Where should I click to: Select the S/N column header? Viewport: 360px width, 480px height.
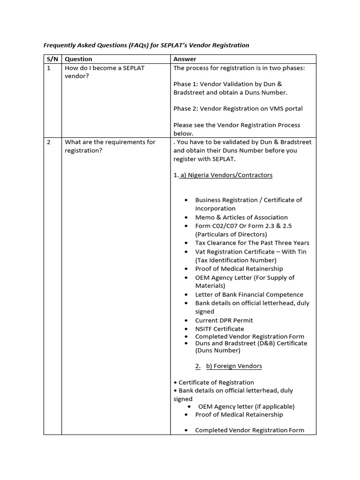tap(52, 59)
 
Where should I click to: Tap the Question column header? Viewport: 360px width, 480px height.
tap(78, 59)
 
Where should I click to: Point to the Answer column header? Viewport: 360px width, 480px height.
tap(185, 59)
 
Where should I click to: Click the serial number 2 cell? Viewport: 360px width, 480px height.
tap(49, 142)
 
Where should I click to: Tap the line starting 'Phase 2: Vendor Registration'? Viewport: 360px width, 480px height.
tap(238, 109)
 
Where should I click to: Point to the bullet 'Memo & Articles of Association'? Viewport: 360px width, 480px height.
tap(241, 217)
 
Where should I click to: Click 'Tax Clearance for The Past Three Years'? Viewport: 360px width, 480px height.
tap(252, 243)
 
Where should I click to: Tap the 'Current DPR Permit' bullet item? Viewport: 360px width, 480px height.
tap(224, 321)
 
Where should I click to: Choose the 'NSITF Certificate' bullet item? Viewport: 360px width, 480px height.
tap(219, 329)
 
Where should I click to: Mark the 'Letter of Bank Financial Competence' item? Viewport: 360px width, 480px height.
tap(249, 295)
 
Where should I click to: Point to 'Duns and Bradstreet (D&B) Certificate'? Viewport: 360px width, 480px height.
tap(251, 344)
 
